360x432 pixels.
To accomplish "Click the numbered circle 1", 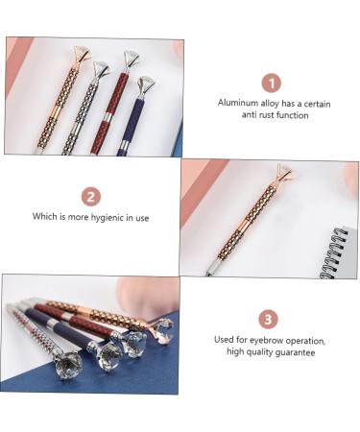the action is [x=272, y=84].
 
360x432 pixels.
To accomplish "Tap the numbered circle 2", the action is [x=91, y=197].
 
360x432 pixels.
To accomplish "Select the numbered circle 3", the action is [x=268, y=320].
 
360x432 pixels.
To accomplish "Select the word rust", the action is [x=264, y=115].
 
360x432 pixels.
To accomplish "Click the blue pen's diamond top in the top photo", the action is [x=146, y=84].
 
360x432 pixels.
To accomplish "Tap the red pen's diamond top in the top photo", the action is [x=132, y=59].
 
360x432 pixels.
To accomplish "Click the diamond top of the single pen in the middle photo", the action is [x=283, y=172].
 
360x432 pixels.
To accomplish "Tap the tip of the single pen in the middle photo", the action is [x=208, y=274].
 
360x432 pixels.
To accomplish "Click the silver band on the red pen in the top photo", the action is [x=106, y=117].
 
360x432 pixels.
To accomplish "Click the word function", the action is [x=292, y=115].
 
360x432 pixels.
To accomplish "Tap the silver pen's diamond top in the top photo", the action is [x=102, y=69].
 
